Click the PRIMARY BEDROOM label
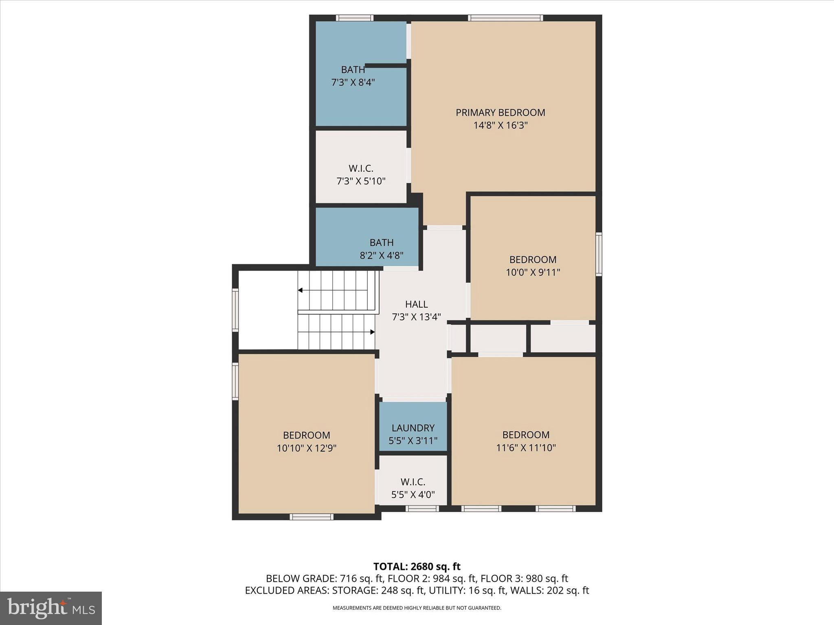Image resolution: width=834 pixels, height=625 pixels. click(500, 112)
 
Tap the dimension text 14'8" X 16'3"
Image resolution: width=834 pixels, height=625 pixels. click(500, 125)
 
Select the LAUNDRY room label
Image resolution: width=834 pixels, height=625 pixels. click(413, 428)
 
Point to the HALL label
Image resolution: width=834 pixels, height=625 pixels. click(416, 304)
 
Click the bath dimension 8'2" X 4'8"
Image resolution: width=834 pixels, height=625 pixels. click(381, 256)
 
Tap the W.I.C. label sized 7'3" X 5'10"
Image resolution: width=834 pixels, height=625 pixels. click(361, 168)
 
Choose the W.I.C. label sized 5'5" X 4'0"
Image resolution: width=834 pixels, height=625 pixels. click(413, 482)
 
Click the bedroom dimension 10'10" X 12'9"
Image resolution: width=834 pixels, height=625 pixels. click(306, 448)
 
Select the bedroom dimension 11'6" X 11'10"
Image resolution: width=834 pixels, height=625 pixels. click(526, 448)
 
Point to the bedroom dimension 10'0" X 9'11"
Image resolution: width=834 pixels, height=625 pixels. click(533, 272)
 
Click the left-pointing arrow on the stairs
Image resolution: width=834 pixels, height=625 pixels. click(301, 290)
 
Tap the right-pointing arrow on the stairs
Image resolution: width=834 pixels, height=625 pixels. click(372, 332)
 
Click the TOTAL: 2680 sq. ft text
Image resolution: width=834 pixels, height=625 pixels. click(417, 566)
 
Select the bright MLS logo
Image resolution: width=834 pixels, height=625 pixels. click(51, 608)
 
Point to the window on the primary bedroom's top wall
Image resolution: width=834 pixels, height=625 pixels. click(505, 17)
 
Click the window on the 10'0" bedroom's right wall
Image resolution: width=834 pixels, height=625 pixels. click(599, 254)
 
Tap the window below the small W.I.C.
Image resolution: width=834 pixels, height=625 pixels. click(422, 508)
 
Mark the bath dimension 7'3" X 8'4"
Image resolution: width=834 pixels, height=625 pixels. click(353, 83)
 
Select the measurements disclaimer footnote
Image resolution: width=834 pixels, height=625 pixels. click(417, 608)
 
